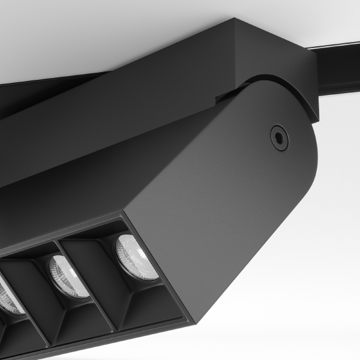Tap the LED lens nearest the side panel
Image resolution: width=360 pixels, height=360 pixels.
pos(137,257)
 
